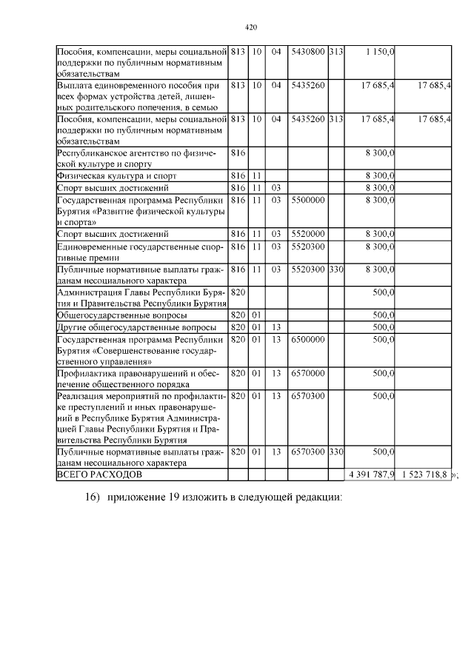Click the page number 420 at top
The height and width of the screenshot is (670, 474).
pos(250,28)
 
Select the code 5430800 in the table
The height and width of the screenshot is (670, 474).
pos(307,53)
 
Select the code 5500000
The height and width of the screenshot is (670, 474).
pos(307,200)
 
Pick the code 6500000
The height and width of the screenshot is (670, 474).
pos(307,339)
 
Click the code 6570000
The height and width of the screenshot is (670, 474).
pos(307,374)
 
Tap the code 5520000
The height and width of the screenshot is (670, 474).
pos(307,235)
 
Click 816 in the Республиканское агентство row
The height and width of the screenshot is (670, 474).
pos(238,153)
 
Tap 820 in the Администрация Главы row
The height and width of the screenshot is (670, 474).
pos(238,292)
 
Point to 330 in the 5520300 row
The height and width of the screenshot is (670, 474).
pos(336,269)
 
